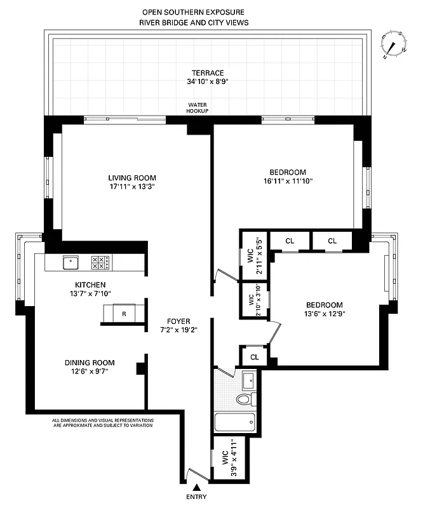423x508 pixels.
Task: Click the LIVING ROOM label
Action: pyautogui.click(x=131, y=178)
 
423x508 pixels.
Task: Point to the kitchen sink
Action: pyautogui.click(x=70, y=261)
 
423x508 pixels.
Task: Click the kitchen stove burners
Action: pyautogui.click(x=101, y=261)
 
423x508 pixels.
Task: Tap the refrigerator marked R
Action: pyautogui.click(x=123, y=314)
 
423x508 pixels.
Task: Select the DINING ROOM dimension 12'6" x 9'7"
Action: pyautogui.click(x=90, y=373)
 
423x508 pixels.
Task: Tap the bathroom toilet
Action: pyautogui.click(x=245, y=399)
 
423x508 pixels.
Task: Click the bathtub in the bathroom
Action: pyautogui.click(x=235, y=422)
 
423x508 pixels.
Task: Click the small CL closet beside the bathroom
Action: pyautogui.click(x=254, y=357)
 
